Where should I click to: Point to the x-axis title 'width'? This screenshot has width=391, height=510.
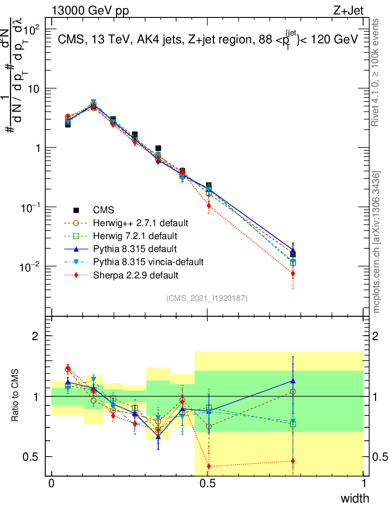354,498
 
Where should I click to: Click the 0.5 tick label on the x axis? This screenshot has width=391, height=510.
208,484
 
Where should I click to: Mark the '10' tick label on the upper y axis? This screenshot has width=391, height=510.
33,89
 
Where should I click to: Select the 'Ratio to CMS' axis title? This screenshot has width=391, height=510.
16,394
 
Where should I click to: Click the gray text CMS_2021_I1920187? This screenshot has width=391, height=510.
207,298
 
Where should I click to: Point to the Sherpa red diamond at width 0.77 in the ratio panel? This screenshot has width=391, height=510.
293,461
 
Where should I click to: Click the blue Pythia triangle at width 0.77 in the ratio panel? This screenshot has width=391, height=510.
293,381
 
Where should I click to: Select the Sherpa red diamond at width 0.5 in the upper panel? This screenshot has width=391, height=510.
209,206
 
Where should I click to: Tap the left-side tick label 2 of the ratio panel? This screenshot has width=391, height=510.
35,336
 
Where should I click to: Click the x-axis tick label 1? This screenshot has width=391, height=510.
364,484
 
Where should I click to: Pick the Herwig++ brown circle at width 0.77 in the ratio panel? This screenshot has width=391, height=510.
293,392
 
